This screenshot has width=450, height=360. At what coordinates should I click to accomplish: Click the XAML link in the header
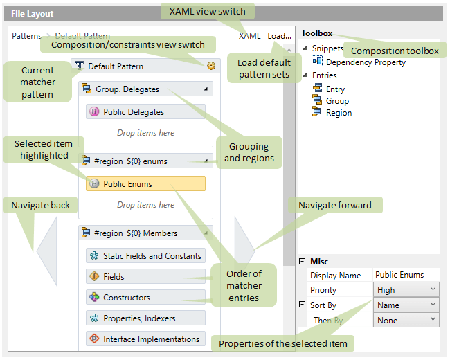(250, 36)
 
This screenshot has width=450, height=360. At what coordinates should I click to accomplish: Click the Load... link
(279, 36)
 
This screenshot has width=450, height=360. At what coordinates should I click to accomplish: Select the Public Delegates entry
(145, 112)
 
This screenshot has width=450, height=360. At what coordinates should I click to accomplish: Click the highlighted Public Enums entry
(145, 184)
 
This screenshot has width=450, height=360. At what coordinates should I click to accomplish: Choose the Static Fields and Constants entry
(145, 256)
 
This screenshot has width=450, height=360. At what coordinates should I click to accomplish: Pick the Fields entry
(145, 277)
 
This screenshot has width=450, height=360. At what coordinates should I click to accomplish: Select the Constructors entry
(145, 298)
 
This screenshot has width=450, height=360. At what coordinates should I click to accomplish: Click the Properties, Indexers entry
(145, 318)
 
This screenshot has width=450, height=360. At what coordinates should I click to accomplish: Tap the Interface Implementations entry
(145, 339)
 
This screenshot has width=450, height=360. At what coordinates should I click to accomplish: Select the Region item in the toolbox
(339, 113)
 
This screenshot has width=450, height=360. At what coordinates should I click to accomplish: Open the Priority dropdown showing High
(406, 290)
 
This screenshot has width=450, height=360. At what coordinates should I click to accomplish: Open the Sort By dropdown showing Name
(406, 305)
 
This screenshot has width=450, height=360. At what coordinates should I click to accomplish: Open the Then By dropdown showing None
(406, 321)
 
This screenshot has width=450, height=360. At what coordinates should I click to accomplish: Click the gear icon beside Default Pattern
(210, 66)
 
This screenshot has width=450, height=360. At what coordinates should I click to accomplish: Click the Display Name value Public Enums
(406, 275)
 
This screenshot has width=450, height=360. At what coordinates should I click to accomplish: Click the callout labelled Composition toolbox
(394, 51)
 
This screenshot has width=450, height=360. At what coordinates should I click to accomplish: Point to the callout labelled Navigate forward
(335, 205)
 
